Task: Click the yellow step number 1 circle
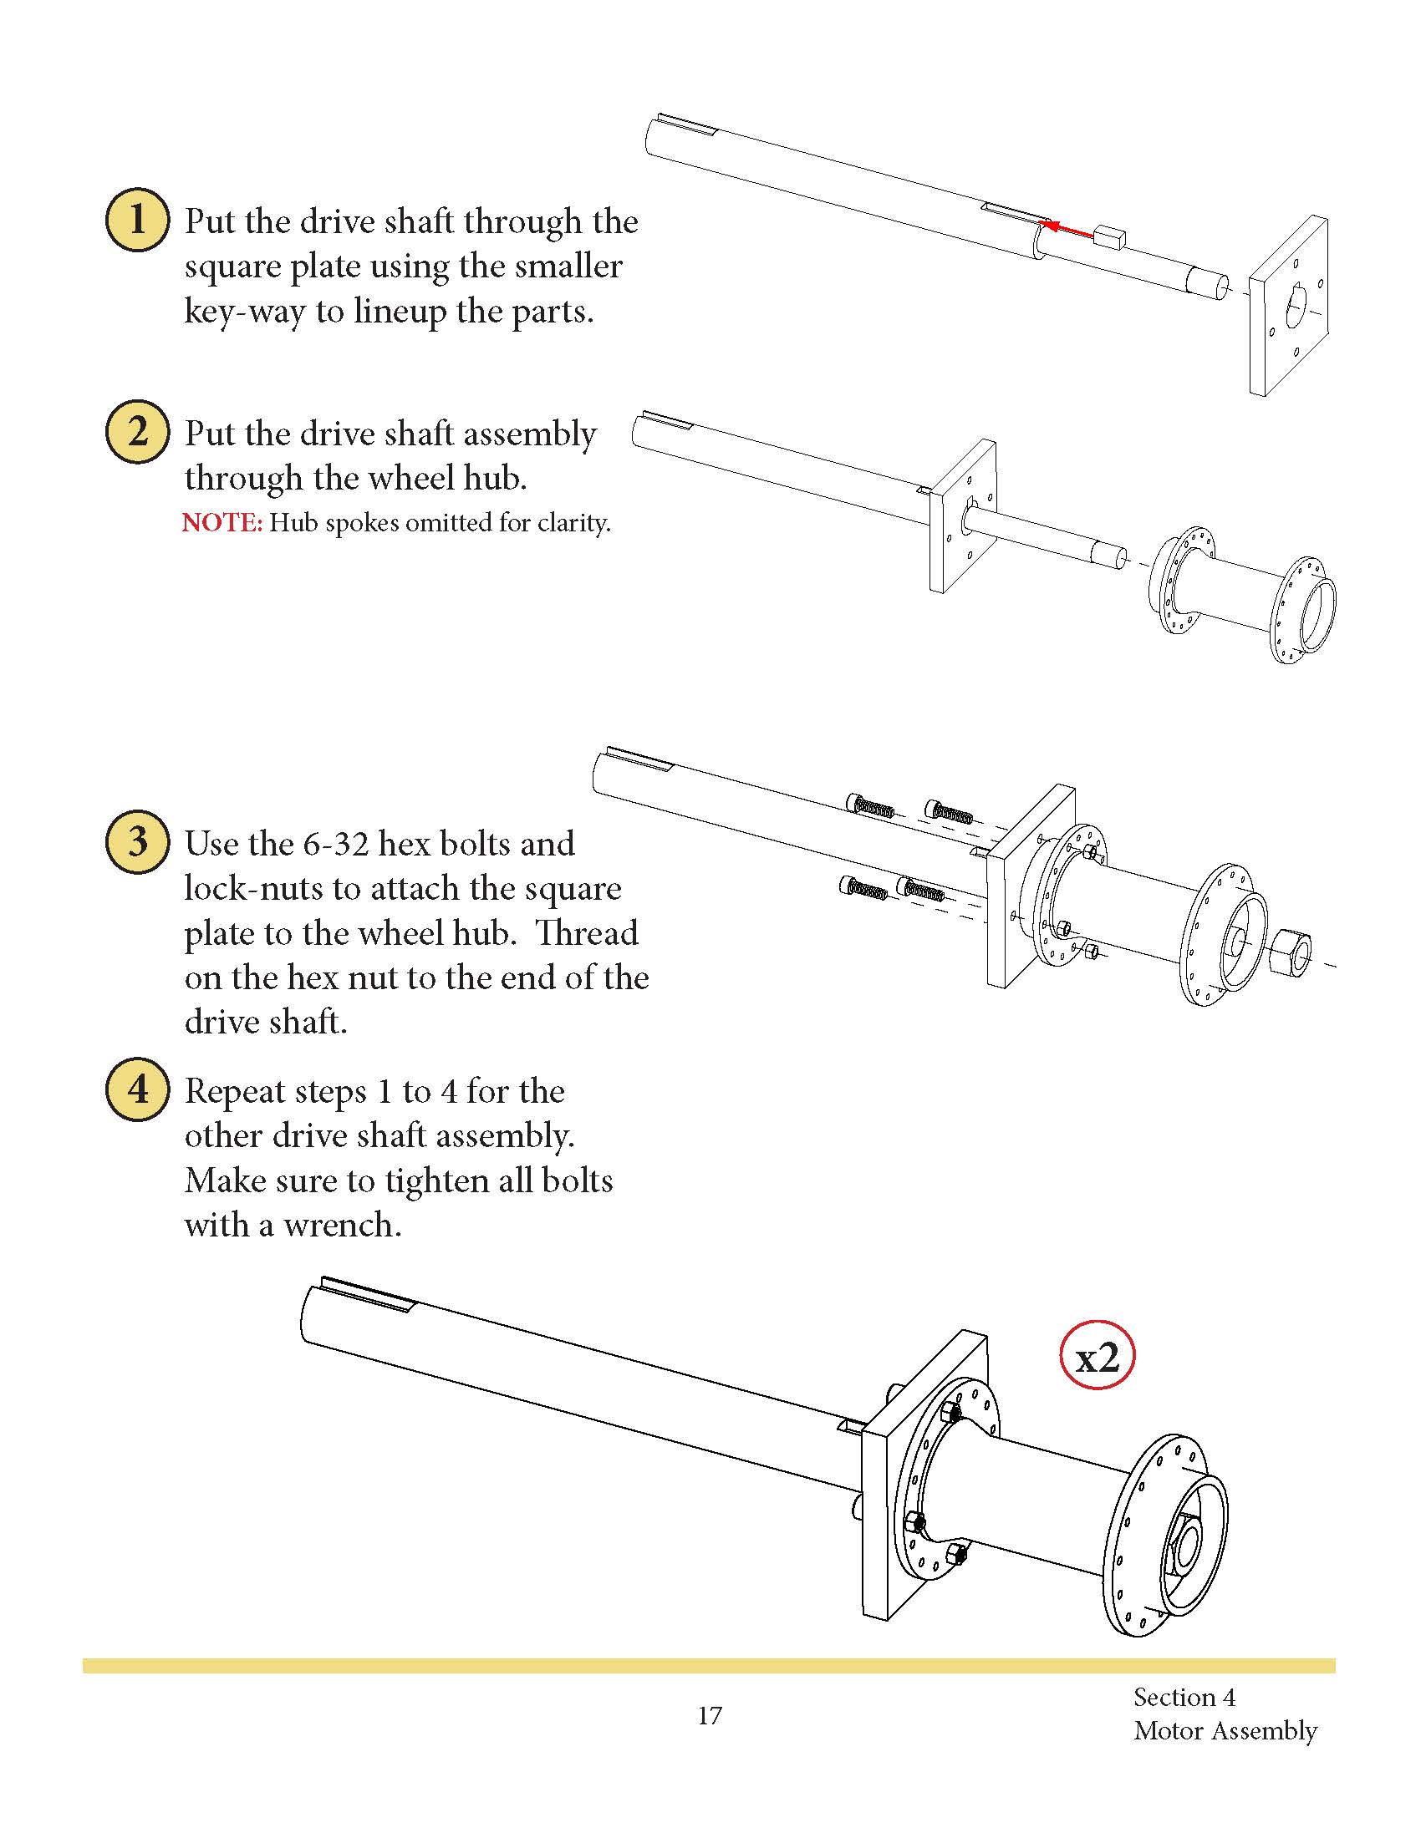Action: tap(137, 220)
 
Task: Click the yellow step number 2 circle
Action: tap(137, 432)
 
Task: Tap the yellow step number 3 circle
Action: tap(137, 841)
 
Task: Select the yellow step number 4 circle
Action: tap(137, 1089)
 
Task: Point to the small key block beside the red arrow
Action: tap(1110, 236)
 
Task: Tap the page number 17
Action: tap(710, 1715)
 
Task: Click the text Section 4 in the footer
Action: tap(1184, 1697)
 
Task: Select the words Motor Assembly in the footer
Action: tap(1225, 1730)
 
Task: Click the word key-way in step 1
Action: tap(244, 312)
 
